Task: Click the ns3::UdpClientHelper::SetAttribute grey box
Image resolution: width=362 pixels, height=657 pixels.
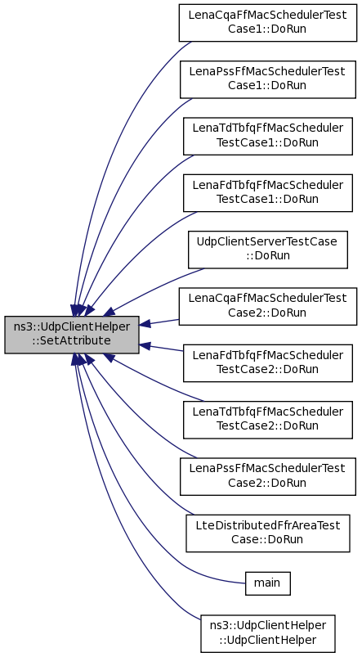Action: pyautogui.click(x=72, y=335)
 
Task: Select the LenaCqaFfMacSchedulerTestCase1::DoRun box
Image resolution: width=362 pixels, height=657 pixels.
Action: pyautogui.click(x=268, y=23)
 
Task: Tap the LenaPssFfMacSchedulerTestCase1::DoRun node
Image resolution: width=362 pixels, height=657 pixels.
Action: pyautogui.click(x=268, y=79)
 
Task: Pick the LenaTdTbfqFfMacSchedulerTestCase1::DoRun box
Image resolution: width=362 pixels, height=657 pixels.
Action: pyautogui.click(x=268, y=136)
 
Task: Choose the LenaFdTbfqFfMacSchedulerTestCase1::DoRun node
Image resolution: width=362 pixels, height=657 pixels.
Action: pyautogui.click(x=268, y=193)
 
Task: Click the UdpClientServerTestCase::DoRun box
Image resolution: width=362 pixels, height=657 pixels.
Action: pyautogui.click(x=268, y=250)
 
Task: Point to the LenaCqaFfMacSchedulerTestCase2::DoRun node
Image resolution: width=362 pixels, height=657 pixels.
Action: pyautogui.click(x=268, y=306)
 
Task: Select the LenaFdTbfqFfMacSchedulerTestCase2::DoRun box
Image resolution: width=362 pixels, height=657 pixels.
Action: pyautogui.click(x=268, y=362)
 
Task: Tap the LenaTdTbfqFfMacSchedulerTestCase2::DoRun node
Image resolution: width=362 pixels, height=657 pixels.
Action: pyautogui.click(x=268, y=420)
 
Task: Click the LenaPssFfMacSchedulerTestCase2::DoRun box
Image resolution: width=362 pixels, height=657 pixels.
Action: pyautogui.click(x=268, y=476)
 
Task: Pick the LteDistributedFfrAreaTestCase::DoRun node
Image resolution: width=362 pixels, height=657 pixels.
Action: pyautogui.click(x=268, y=533)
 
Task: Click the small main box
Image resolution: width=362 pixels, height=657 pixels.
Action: pyautogui.click(x=268, y=583)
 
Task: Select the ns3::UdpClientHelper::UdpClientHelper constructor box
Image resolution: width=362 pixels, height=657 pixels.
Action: pyautogui.click(x=268, y=633)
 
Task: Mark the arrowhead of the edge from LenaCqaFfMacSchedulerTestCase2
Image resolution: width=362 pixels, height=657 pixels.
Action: pyautogui.click(x=145, y=324)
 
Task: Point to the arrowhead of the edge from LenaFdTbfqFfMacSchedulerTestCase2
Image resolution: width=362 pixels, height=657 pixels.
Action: pyautogui.click(x=145, y=345)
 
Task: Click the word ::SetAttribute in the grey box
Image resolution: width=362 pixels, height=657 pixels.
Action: pyautogui.click(x=72, y=341)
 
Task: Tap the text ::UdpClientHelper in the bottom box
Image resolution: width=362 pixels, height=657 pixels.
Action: pyautogui.click(x=268, y=640)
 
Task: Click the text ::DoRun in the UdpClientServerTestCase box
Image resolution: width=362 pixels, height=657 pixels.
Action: pyautogui.click(x=268, y=255)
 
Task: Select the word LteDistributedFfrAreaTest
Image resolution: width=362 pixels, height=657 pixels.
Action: pyautogui.click(x=268, y=526)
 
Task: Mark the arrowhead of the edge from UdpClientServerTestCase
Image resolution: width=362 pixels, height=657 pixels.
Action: pyautogui.click(x=109, y=310)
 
